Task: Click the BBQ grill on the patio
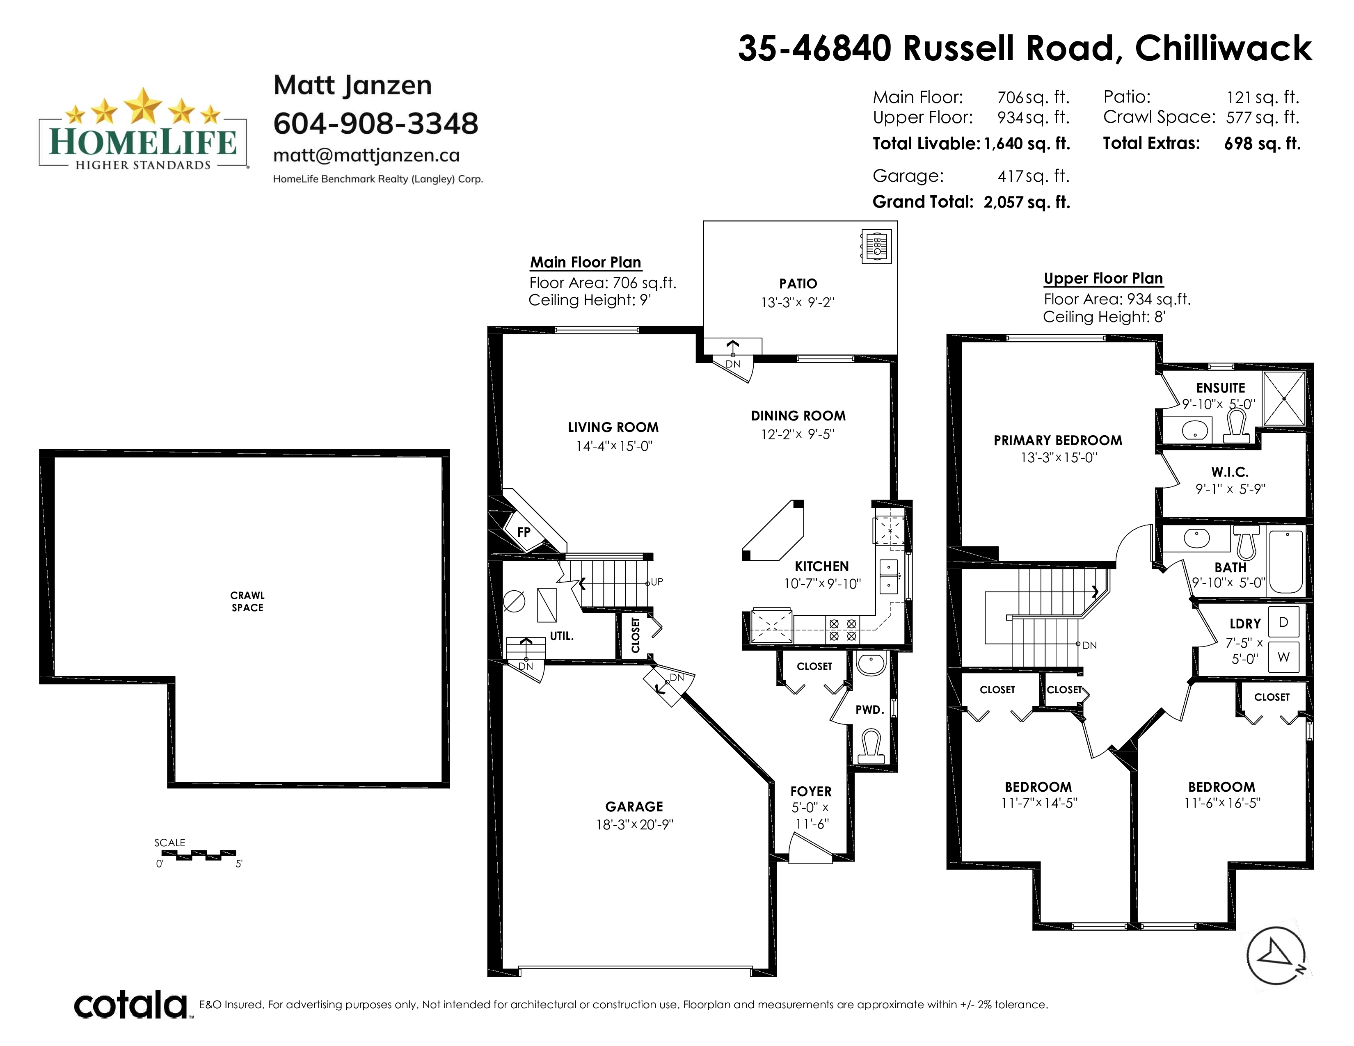pyautogui.click(x=876, y=247)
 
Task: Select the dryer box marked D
pyautogui.click(x=1283, y=622)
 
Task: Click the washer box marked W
pyautogui.click(x=1283, y=657)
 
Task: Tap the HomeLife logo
pyautogui.click(x=143, y=129)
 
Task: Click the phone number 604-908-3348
pyautogui.click(x=376, y=123)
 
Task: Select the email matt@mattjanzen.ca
pyautogui.click(x=366, y=155)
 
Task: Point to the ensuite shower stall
pyautogui.click(x=1284, y=398)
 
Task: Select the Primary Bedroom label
pyautogui.click(x=1058, y=441)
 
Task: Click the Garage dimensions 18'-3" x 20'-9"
pyautogui.click(x=634, y=825)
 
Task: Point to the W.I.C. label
pyautogui.click(x=1230, y=472)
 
